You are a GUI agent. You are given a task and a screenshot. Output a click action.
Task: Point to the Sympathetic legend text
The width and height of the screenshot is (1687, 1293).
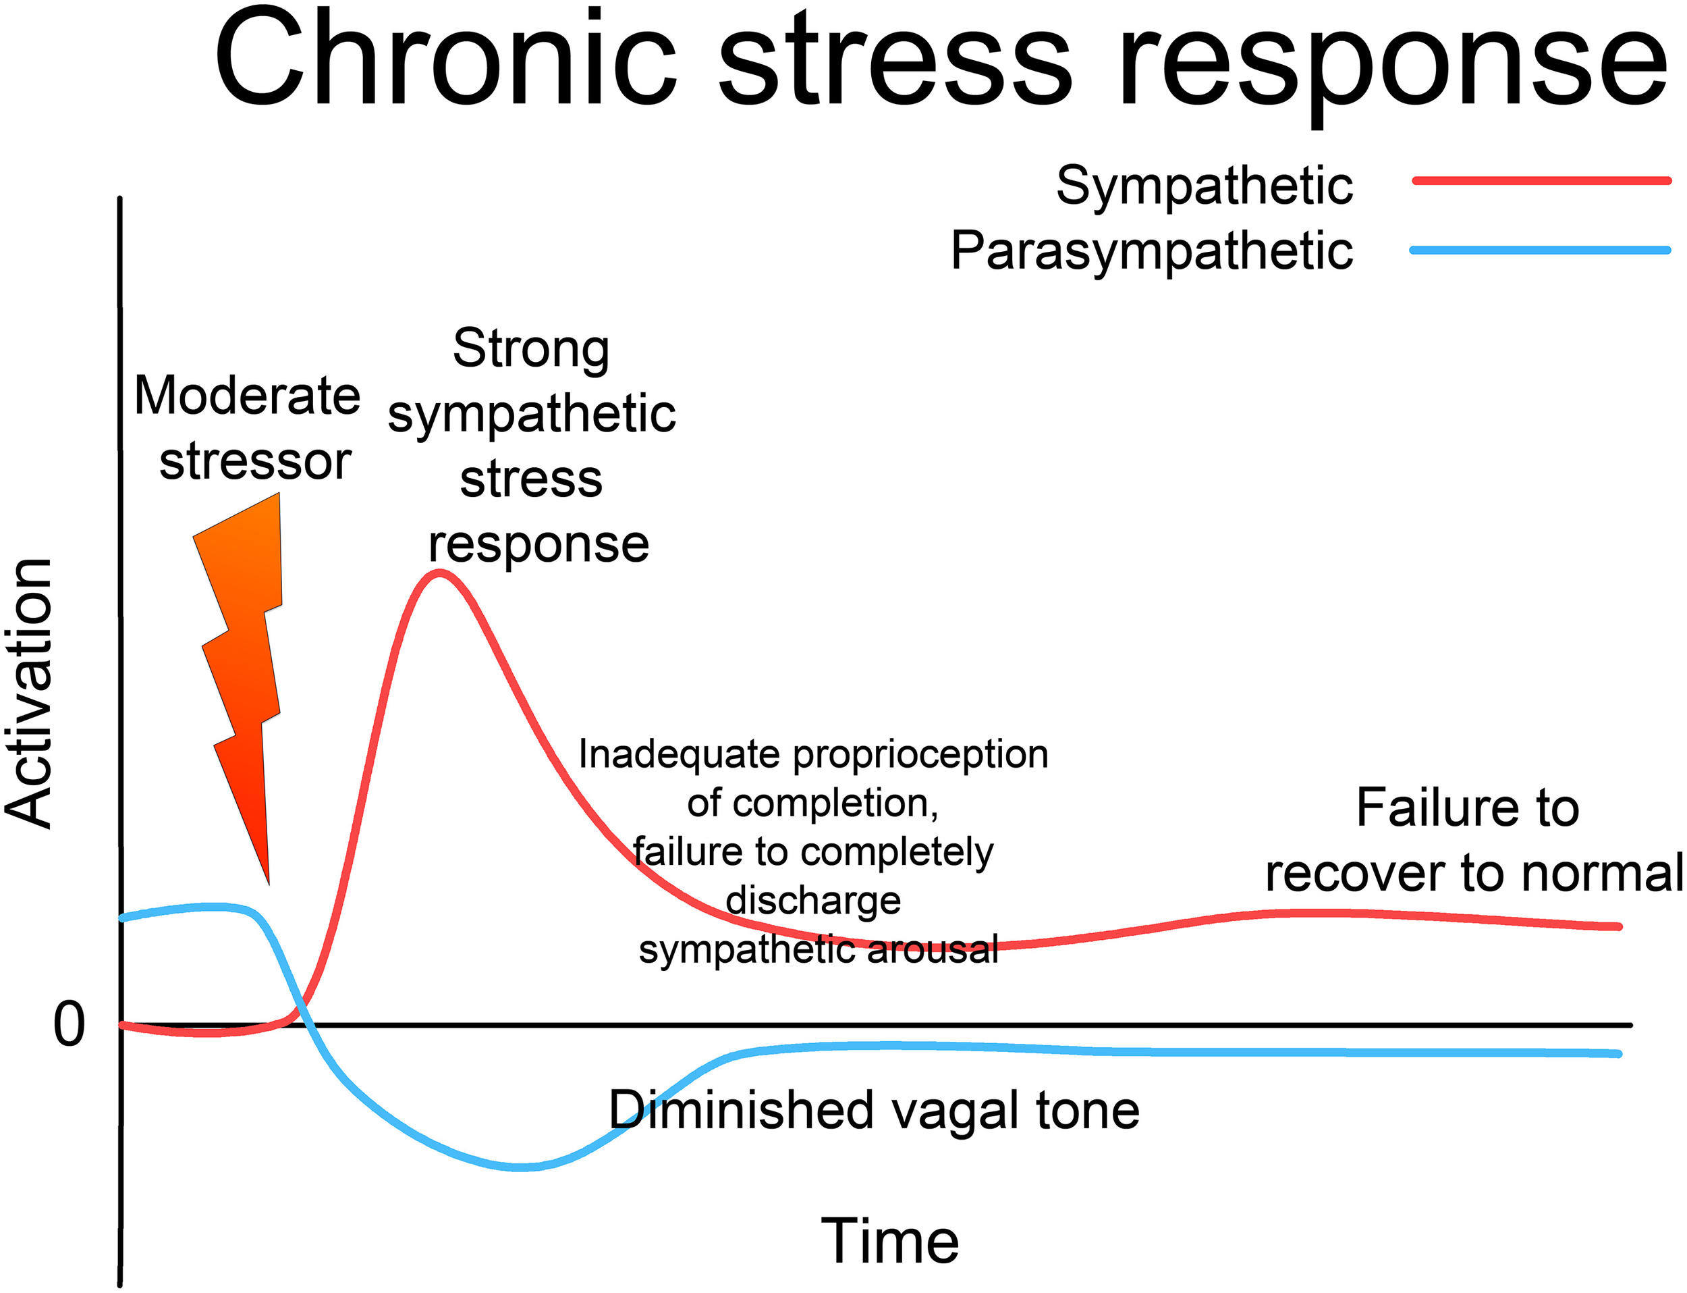point(1204,187)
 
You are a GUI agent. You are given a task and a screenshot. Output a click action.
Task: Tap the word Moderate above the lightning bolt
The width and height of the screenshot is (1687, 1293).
point(247,396)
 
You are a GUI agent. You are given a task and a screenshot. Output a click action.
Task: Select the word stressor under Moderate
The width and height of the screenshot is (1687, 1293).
point(254,462)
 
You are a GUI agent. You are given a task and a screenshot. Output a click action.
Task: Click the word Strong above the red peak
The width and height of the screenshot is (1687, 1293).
point(531,348)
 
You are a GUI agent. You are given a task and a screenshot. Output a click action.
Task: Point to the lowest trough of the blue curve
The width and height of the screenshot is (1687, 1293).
point(521,1167)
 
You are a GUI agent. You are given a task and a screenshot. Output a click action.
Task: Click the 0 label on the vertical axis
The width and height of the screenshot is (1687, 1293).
point(68,1025)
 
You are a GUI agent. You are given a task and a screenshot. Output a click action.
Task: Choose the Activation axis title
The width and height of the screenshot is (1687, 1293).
point(29,693)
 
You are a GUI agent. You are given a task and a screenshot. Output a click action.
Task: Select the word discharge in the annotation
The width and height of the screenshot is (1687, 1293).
point(813,901)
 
